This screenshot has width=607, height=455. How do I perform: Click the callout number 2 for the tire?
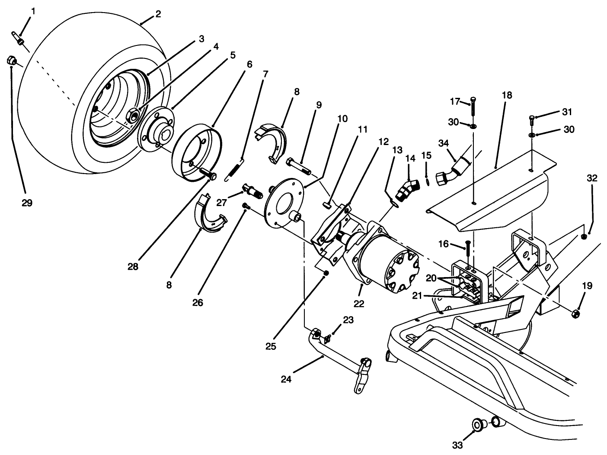pyautogui.click(x=158, y=14)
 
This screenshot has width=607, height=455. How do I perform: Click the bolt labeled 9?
pyautogui.click(x=298, y=166)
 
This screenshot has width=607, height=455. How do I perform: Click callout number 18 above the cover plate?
pyautogui.click(x=507, y=95)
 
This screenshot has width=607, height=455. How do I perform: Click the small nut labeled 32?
pyautogui.click(x=584, y=236)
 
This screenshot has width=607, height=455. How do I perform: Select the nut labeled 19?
pyautogui.click(x=575, y=314)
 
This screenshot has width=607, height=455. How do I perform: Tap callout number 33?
pyautogui.click(x=458, y=445)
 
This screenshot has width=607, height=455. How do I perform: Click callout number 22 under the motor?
pyautogui.click(x=359, y=304)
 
